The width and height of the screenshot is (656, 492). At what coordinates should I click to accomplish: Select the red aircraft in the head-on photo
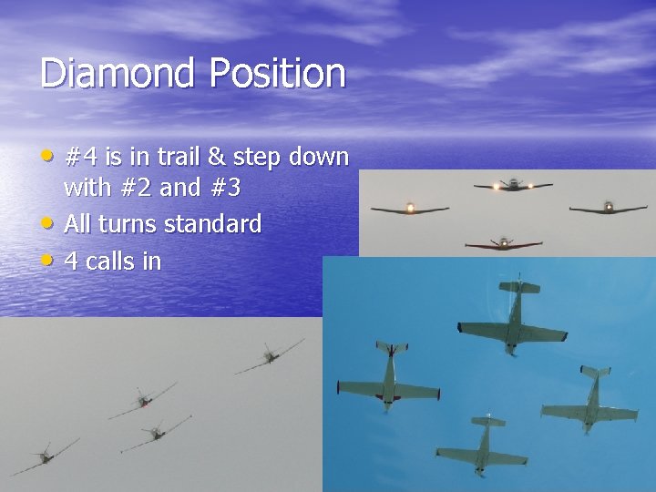click(503, 244)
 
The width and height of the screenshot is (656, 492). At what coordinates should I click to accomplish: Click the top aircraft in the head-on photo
click(513, 185)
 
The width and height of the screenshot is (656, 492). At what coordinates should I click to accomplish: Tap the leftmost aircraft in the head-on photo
click(410, 209)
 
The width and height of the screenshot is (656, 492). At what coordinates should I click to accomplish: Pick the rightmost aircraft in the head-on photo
click(608, 209)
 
